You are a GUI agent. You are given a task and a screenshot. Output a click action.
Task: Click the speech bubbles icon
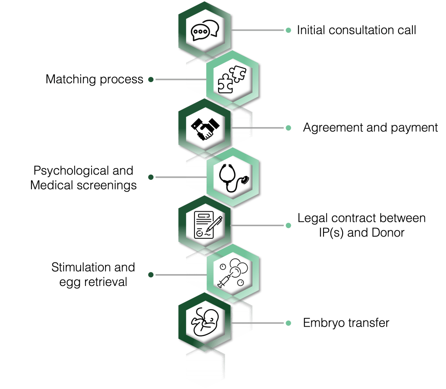coord(204,31)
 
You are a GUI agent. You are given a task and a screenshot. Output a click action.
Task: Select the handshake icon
coord(204,127)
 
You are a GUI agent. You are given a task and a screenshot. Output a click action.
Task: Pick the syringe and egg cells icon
coord(232,274)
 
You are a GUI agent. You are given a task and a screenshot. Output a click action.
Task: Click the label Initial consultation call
coord(356,31)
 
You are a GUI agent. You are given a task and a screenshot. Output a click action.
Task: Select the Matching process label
coord(94,79)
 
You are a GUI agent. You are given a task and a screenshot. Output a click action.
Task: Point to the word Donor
coord(388,233)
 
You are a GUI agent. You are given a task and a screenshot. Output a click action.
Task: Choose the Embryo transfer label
coord(346,324)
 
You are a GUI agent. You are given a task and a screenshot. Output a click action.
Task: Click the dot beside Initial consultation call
coord(288,31)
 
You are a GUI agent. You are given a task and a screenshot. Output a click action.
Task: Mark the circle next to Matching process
coord(151,79)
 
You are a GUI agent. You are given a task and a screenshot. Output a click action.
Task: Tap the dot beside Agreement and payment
coord(288,128)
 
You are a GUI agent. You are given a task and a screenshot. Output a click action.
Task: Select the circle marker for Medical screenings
coord(151,177)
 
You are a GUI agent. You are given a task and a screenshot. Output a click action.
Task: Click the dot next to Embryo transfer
coord(288,324)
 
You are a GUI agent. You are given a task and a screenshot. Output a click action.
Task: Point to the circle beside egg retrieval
coord(151,275)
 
